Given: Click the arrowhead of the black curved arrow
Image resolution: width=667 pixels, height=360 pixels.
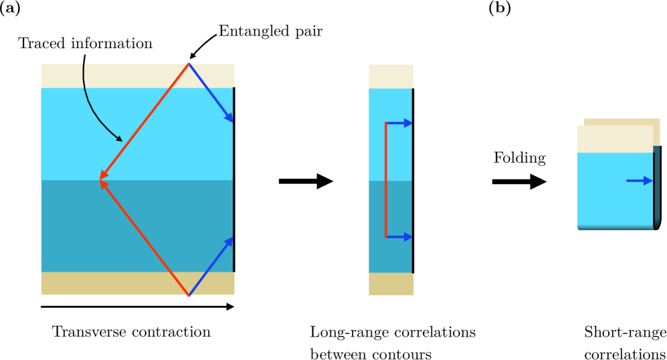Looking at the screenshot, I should coord(119,139).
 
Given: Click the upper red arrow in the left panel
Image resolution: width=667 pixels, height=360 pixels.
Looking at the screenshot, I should coord(145,121).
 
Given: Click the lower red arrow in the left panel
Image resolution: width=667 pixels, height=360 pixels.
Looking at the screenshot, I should coord(145,238).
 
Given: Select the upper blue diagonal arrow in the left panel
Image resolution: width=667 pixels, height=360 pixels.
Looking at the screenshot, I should coord(210,92).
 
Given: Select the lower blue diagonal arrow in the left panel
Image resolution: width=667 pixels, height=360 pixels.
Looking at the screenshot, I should coord(210,266).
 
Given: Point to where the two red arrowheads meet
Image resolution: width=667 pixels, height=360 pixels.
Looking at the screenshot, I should coord(100,179).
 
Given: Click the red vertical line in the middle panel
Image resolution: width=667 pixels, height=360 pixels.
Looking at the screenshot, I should coord(386,179).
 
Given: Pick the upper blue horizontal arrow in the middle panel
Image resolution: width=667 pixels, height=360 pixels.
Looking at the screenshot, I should coord(400,123).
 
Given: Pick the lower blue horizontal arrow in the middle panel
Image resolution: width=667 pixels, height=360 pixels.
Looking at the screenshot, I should coord(400,237).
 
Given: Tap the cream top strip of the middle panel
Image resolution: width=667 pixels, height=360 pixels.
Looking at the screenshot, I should coord(391,76).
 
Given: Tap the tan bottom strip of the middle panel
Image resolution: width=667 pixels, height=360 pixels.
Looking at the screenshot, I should coord(391,284).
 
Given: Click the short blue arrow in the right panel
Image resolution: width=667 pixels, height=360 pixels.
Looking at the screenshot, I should coord(639,181).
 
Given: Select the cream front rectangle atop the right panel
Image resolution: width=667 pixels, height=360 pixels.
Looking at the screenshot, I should coord(614,139).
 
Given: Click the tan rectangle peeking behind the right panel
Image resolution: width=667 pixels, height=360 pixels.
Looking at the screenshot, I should coord(656,131).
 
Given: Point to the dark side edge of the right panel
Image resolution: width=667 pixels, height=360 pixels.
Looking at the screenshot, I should coord(657,187).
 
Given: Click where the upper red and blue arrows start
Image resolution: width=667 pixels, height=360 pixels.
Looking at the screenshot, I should coord(189,64).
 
